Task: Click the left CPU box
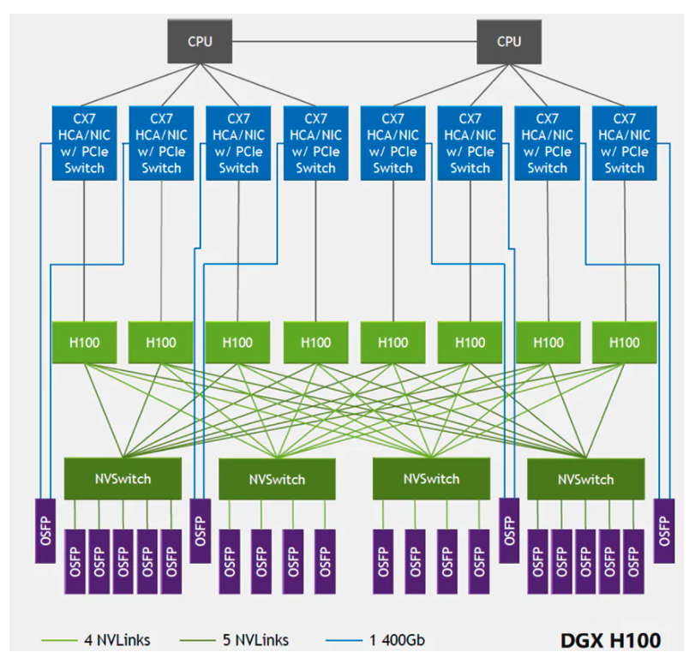(x=201, y=40)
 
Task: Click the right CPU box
(x=509, y=40)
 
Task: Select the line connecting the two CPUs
(x=355, y=40)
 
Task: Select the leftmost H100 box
(x=84, y=342)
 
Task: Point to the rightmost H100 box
(x=624, y=342)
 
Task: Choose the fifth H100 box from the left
(x=392, y=342)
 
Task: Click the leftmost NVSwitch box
(x=123, y=478)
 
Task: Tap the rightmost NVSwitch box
(x=585, y=478)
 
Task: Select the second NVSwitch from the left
(x=277, y=478)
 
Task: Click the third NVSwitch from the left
(x=431, y=478)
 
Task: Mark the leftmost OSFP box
(x=45, y=529)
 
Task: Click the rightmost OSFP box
(x=664, y=529)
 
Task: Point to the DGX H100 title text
(x=611, y=640)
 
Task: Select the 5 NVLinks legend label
(x=255, y=640)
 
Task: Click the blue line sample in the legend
(x=345, y=640)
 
